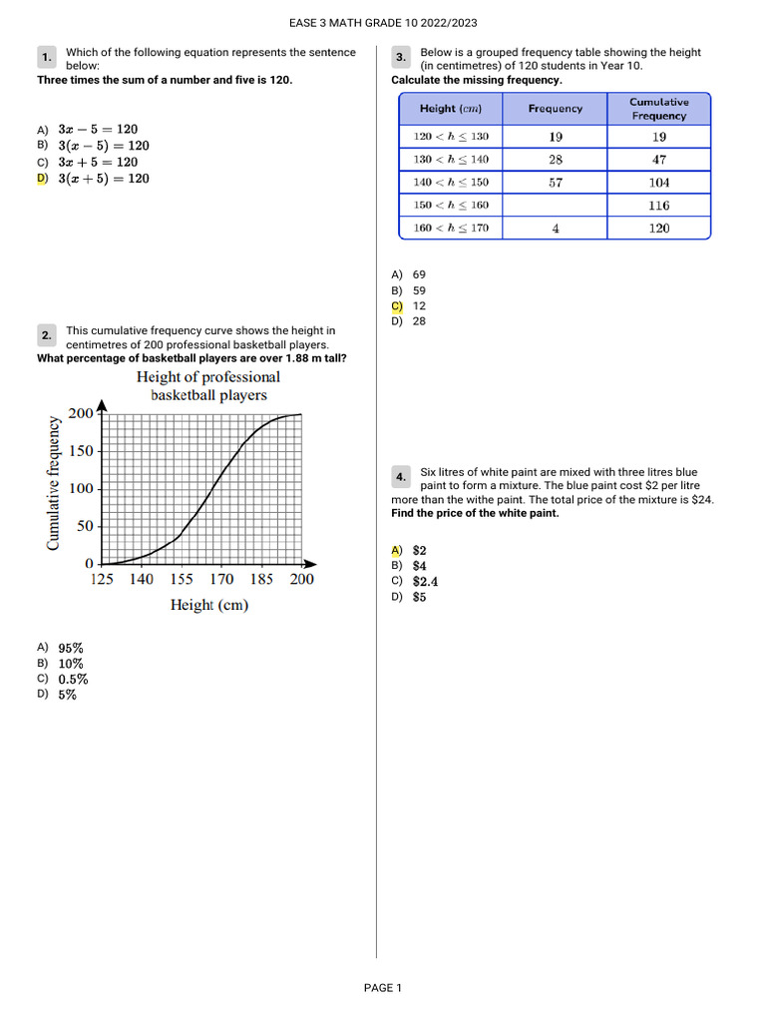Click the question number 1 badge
pos(47,58)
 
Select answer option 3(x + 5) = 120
pos(103,179)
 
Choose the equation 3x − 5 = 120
pos(98,130)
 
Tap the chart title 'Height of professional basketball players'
pos(208,385)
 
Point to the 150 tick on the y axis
pos(81,451)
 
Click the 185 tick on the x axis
pos(261,579)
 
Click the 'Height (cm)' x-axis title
pos(208,605)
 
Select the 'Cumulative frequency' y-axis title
pos(54,483)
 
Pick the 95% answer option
pos(70,648)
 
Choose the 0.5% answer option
pos(73,680)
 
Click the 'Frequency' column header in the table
pos(555,109)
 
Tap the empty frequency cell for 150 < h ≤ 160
pos(555,206)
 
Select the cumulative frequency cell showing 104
pos(658,183)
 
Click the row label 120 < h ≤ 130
pos(451,137)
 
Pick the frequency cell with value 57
pos(555,183)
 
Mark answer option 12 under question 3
pos(418,306)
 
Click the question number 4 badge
pos(401,477)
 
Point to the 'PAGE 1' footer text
pos(382,988)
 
